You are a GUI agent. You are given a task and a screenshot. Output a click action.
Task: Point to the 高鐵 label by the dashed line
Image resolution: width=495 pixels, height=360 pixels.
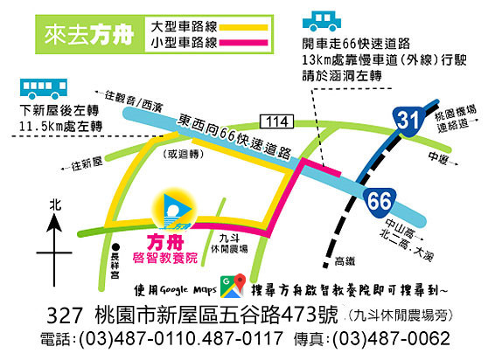click(x=347, y=260)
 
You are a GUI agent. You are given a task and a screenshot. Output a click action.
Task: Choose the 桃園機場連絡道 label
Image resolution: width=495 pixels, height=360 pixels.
click(x=459, y=115)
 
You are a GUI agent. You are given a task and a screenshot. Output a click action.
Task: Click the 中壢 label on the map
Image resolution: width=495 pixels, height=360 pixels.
click(x=438, y=157)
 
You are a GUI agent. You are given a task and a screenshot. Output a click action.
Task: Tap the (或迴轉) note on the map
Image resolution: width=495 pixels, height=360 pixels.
click(x=183, y=156)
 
